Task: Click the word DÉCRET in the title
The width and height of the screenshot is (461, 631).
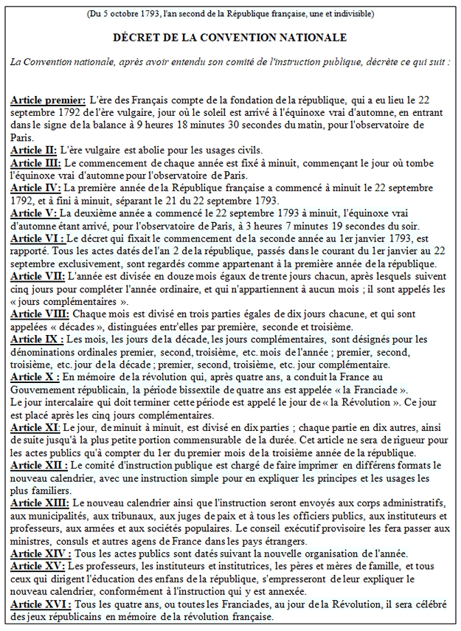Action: tap(136, 37)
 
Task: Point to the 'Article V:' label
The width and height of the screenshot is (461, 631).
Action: tap(33, 213)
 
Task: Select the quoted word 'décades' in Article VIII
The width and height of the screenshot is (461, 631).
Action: tap(74, 326)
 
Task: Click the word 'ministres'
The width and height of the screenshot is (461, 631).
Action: tap(32, 540)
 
